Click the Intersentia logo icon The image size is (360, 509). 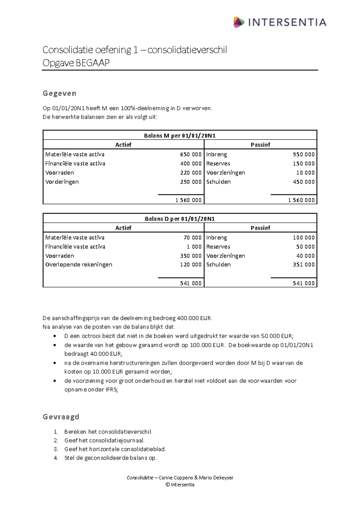(x=239, y=22)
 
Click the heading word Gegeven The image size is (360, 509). (x=59, y=93)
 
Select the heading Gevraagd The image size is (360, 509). (x=61, y=417)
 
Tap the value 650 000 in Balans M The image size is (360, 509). (x=190, y=154)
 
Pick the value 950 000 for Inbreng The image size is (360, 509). (x=304, y=154)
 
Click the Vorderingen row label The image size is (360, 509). (x=62, y=182)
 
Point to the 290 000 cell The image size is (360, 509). (x=190, y=182)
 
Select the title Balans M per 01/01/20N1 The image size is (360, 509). (x=180, y=135)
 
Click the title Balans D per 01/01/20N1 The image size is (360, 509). (x=180, y=218)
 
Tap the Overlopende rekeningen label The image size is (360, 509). (x=79, y=264)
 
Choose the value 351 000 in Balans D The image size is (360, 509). (x=304, y=264)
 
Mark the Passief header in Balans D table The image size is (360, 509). (x=260, y=228)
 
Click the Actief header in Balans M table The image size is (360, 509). (x=123, y=145)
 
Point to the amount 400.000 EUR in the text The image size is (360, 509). (x=194, y=318)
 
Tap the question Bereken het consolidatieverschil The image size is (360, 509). (x=108, y=432)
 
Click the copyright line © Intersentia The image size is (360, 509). (x=180, y=484)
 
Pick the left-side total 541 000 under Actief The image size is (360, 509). (x=190, y=283)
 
